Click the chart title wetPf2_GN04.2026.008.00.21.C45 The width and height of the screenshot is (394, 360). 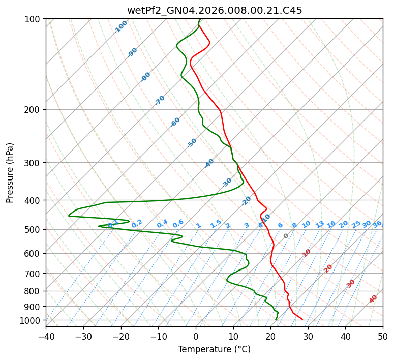215,11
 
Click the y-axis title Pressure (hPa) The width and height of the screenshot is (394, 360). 10,172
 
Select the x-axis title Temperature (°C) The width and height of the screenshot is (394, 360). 214,349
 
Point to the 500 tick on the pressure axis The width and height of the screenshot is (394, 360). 34,229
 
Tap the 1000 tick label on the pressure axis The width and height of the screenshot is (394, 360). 32,320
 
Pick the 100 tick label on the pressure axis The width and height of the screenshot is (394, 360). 34,19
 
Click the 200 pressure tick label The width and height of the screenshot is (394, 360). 34,110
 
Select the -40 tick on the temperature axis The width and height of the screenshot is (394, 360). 46,336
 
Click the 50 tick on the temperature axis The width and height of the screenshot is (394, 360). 383,336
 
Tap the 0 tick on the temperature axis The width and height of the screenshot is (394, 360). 196,336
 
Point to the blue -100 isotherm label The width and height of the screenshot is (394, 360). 121,26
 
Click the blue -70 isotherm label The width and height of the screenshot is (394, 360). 160,100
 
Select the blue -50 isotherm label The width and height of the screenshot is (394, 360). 192,143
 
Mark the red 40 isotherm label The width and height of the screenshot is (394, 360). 373,299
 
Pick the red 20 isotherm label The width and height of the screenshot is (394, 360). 328,268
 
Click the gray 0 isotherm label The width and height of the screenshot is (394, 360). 286,236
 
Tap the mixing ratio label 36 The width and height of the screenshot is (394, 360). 377,224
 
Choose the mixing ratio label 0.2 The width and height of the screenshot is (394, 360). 137,224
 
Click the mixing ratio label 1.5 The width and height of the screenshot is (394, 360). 216,223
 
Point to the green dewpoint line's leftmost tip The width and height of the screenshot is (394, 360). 69,216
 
